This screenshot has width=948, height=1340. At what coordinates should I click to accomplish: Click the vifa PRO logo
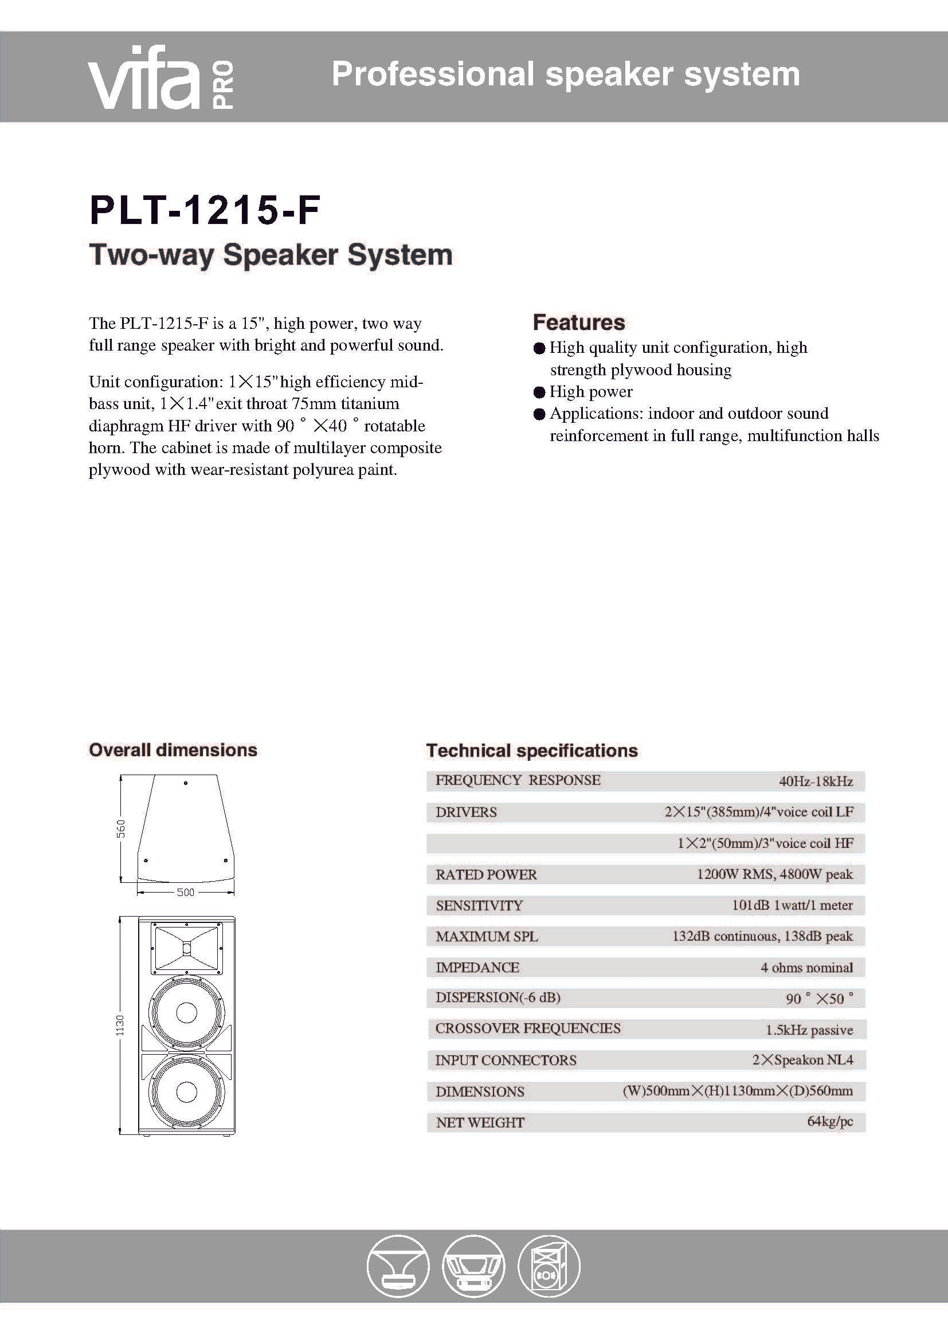tap(160, 77)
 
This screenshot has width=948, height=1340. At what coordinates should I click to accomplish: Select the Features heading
tap(578, 322)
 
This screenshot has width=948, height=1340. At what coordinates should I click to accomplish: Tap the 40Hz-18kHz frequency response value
tap(816, 781)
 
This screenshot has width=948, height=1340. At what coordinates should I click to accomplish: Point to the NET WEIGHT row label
tap(480, 1122)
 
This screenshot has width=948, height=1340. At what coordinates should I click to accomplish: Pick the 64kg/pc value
tap(829, 1121)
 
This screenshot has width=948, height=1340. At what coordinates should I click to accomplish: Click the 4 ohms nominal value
tap(806, 968)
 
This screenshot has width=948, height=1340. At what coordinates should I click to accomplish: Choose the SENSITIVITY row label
tap(479, 905)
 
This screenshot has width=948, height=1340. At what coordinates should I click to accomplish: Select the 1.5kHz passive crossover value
tap(809, 1030)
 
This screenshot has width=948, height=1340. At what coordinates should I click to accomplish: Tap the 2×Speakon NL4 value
tap(802, 1060)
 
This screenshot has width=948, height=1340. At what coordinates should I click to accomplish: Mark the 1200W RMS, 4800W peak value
tap(775, 874)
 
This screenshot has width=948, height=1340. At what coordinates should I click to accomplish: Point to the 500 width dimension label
tap(186, 892)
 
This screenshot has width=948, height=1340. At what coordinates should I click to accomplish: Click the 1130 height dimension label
tap(120, 1025)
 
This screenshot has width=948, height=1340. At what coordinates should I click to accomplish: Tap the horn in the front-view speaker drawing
tap(187, 948)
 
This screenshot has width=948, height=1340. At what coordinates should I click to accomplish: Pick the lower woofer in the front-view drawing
tap(187, 1091)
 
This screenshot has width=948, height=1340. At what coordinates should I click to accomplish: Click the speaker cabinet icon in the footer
tap(548, 1267)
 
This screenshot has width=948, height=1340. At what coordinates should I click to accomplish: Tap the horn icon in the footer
tap(398, 1267)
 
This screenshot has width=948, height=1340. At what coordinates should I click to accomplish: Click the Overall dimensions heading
tap(173, 750)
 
